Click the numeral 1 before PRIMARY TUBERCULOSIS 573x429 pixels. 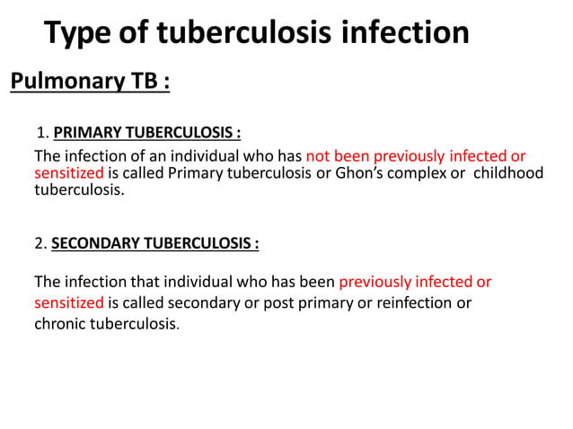(40, 134)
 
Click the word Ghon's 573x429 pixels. (365, 172)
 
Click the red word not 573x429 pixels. (319, 155)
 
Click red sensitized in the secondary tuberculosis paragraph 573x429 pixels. (69, 302)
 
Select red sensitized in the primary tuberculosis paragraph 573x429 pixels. (69, 172)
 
